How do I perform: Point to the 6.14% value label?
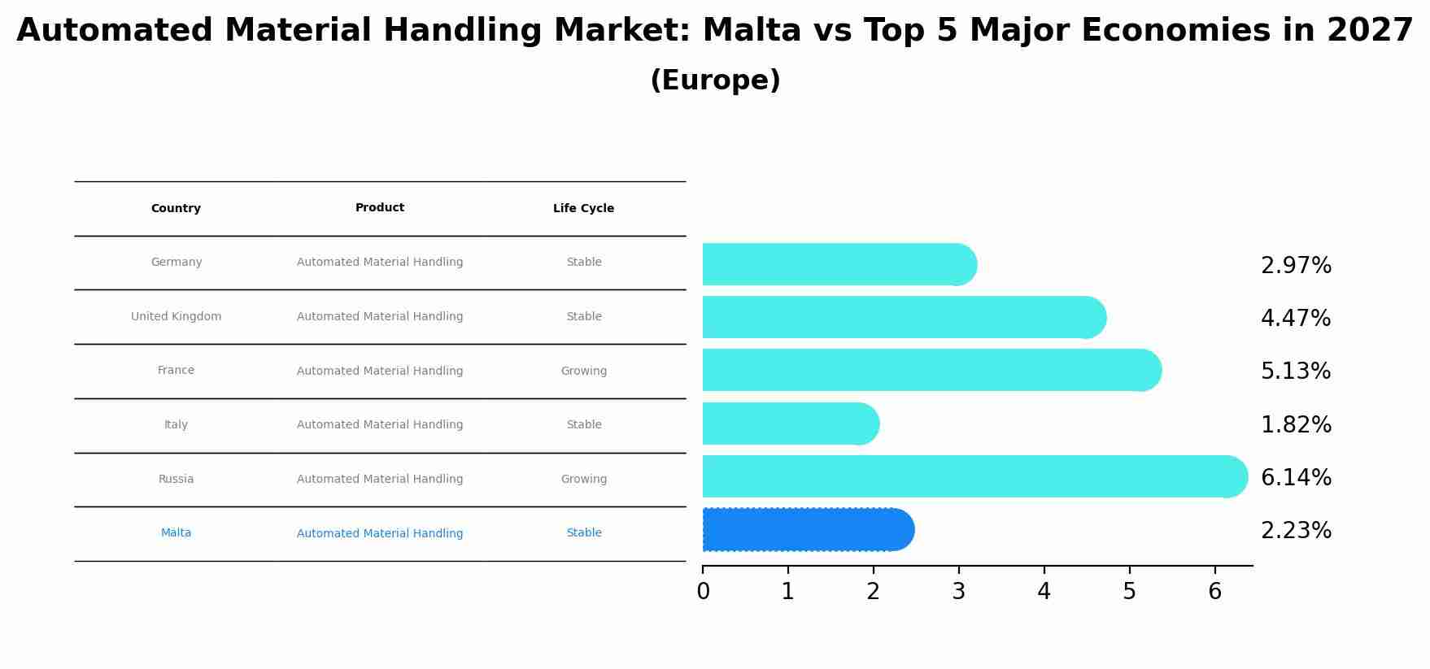1296,478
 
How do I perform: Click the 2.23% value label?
1296,531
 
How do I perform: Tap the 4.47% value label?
1296,319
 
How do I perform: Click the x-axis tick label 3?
958,592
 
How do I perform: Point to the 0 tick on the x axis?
703,592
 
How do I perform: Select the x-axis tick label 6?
1214,592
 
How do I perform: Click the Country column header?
176,209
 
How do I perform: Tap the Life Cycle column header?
583,209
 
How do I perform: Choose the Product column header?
380,208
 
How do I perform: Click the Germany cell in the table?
177,263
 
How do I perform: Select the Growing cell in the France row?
583,371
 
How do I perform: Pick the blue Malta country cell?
176,533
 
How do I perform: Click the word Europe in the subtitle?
715,80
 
